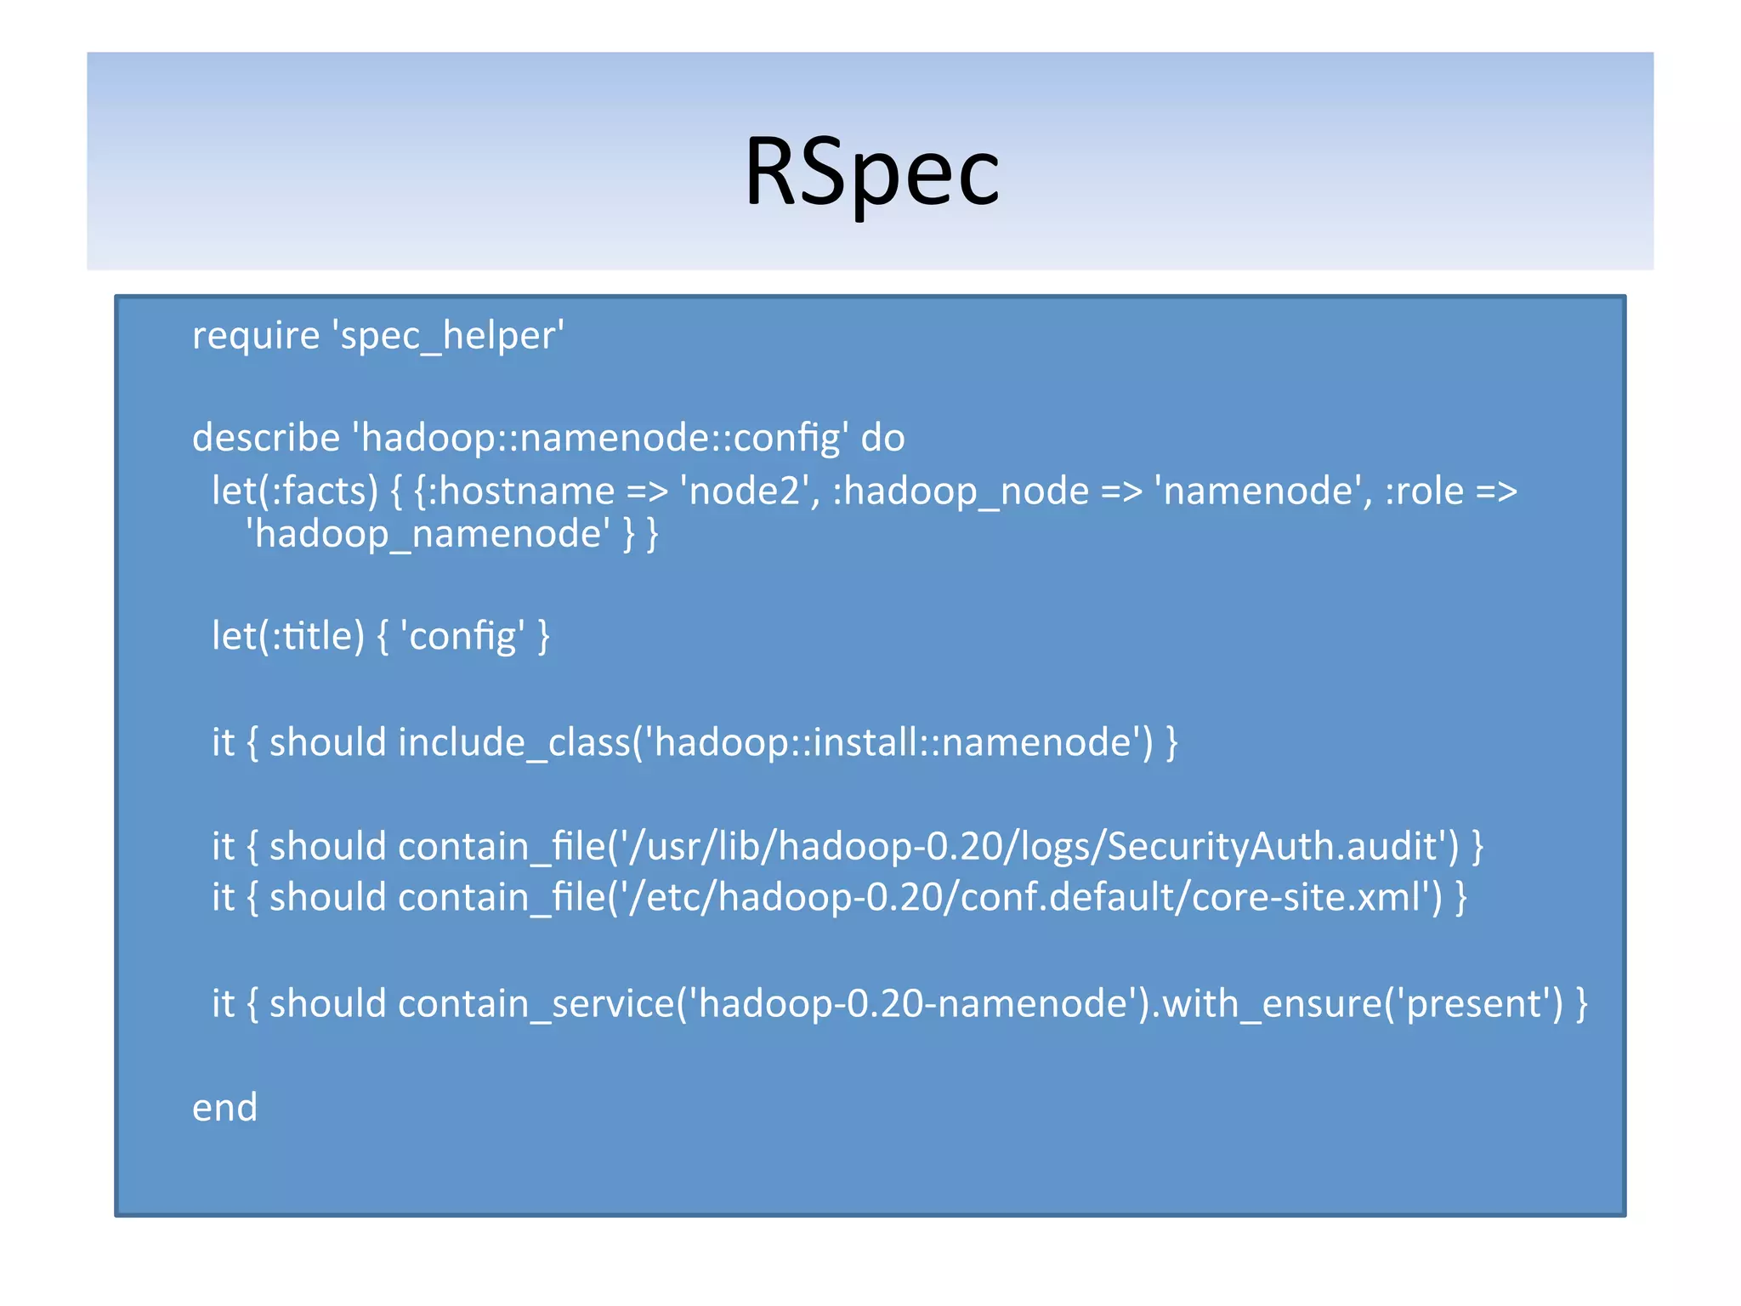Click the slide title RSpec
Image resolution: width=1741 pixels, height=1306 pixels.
click(x=871, y=173)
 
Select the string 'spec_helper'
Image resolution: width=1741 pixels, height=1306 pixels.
click(x=451, y=336)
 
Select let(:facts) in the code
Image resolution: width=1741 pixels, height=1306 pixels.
click(x=294, y=491)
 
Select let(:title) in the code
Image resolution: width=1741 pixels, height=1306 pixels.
click(x=287, y=636)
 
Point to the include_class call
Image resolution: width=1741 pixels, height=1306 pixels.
click(x=514, y=743)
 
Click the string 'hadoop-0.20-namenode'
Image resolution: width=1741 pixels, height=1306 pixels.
click(x=913, y=1004)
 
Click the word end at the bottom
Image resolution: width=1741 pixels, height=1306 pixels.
click(x=224, y=1108)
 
